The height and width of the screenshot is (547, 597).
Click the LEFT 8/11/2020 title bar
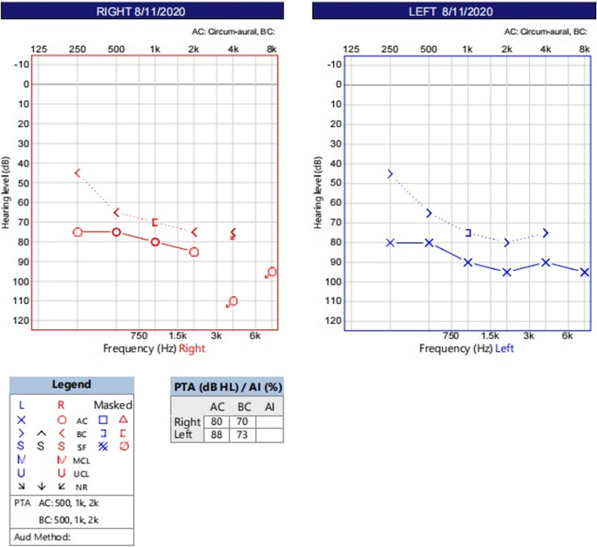click(x=451, y=11)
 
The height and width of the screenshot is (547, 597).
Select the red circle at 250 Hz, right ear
click(x=78, y=233)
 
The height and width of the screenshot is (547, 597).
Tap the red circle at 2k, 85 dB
click(x=194, y=252)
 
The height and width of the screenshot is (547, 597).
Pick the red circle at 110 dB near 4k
click(x=233, y=301)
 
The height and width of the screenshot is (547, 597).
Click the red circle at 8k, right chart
click(x=272, y=272)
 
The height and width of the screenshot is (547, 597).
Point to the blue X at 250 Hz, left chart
click(x=390, y=242)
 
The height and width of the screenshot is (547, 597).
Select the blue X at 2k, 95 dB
click(x=506, y=272)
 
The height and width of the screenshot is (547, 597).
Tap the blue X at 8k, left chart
click(x=585, y=272)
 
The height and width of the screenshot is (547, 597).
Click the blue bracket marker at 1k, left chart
click(x=468, y=233)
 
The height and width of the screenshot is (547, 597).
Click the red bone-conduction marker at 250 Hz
click(x=78, y=173)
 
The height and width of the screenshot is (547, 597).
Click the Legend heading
click(x=71, y=384)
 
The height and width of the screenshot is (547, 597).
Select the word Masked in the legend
click(x=113, y=405)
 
